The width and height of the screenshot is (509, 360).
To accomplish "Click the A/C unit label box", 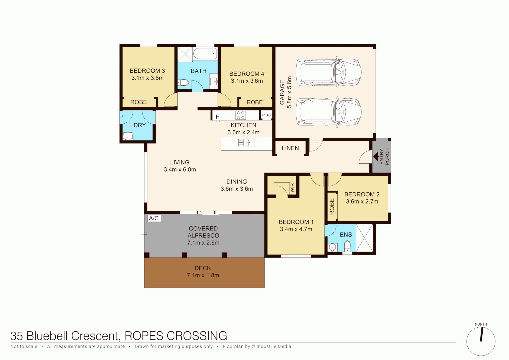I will point(154,218).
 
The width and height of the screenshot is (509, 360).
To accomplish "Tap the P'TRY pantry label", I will point(267,115).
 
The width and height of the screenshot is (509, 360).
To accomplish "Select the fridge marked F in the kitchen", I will point(217,116).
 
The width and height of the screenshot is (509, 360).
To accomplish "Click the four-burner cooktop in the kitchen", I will point(241,115).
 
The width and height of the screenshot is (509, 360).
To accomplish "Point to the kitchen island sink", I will point(247,143).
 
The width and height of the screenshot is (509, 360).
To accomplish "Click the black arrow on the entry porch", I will point(376,156).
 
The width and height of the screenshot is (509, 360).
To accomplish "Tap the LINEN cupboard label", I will point(290,148).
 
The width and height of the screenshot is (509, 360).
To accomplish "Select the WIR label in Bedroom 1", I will point(292,188).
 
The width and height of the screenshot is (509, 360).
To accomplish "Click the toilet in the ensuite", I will point(347,247).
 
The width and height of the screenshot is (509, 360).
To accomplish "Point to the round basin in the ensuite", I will point(332,247).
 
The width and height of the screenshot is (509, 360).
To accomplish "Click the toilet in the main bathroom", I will point(184,82).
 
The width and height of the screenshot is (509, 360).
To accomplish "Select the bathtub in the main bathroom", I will point(205,54).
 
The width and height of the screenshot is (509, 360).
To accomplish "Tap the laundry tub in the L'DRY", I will point(128,136).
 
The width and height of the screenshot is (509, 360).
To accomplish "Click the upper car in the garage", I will point(328,73).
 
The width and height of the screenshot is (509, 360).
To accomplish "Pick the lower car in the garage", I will point(328,112).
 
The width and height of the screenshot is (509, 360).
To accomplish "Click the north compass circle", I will point(481,341).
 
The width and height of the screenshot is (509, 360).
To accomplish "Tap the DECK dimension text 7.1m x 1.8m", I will point(203,275).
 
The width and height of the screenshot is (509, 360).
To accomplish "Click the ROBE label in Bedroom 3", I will point(139,102).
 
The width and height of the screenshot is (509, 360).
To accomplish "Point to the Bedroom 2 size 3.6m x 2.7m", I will point(362,202).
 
